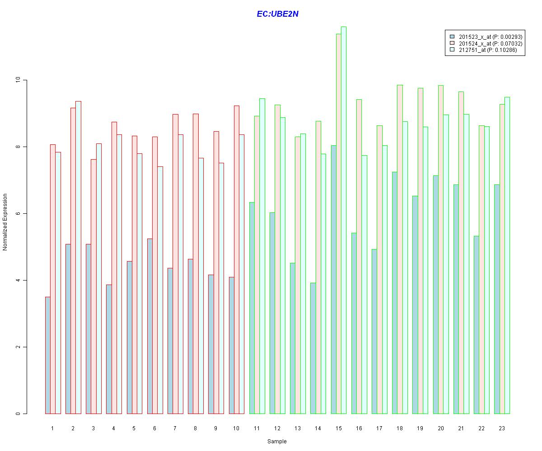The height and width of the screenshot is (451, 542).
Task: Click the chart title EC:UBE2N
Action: [277, 14]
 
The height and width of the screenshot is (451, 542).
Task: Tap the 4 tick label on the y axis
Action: [18, 280]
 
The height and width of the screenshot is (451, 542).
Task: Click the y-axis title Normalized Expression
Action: [5, 222]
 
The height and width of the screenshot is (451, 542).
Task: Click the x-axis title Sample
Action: [277, 442]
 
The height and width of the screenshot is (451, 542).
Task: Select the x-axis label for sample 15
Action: [338, 428]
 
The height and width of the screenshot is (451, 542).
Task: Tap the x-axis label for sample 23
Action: [502, 428]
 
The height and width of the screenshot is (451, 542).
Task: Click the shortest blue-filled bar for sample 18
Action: [394, 293]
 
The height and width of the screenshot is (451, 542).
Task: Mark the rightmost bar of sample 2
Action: [78, 258]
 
